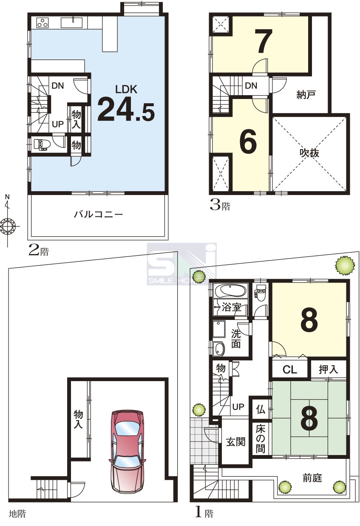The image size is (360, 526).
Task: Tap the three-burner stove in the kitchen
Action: [43, 23]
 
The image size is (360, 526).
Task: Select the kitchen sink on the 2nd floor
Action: [72, 23]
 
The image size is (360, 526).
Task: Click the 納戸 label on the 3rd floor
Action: [306, 95]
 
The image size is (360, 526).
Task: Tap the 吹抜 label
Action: [309, 153]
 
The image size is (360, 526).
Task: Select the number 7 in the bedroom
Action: [265, 41]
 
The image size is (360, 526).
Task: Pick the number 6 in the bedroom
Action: [248, 141]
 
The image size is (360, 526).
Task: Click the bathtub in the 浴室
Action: [231, 291]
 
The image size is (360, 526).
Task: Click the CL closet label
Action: [290, 370]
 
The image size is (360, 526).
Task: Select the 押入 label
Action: [328, 369]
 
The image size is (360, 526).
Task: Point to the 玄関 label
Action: [236, 442]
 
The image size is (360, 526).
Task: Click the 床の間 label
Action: [261, 439]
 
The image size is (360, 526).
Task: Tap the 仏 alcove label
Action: [261, 410]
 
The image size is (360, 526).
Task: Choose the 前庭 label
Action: [312, 478]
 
